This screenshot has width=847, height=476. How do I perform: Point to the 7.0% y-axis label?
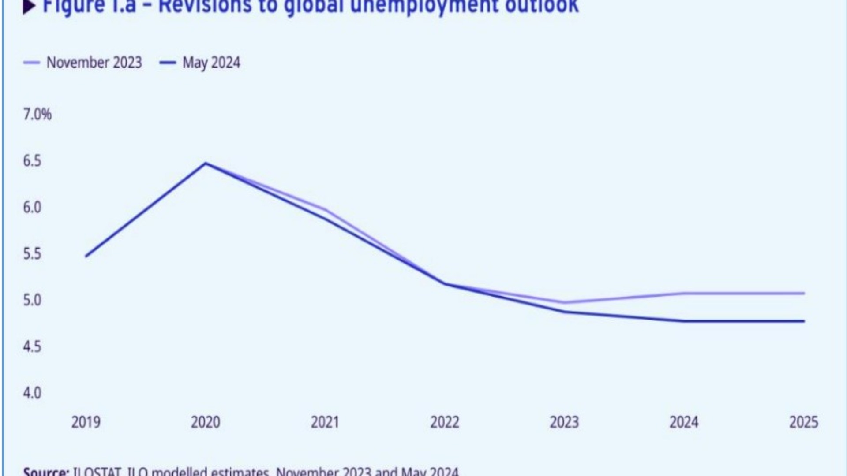pyautogui.click(x=37, y=115)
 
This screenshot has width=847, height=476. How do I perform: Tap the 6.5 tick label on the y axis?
pyautogui.click(x=32, y=161)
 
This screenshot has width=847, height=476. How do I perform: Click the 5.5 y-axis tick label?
pyautogui.click(x=32, y=254)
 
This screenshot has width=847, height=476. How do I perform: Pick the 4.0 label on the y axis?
pyautogui.click(x=32, y=393)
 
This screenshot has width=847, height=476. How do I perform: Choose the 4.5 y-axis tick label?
pyautogui.click(x=32, y=346)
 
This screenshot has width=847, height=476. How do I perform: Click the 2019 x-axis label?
pyautogui.click(x=86, y=422)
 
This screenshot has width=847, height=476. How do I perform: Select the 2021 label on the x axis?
pyautogui.click(x=325, y=422)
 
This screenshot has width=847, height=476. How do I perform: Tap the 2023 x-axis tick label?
pyautogui.click(x=564, y=422)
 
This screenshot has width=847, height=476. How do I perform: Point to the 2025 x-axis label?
pyautogui.click(x=803, y=422)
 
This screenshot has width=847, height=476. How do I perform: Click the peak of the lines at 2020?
pyautogui.click(x=206, y=164)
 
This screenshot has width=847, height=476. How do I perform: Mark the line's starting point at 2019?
pyautogui.click(x=86, y=256)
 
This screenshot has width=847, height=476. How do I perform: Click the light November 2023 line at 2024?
pyautogui.click(x=684, y=293)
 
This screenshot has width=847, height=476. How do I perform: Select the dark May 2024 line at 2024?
pyautogui.click(x=684, y=321)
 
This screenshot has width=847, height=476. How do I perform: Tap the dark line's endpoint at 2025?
pyautogui.click(x=803, y=321)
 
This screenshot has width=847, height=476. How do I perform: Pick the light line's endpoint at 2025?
pyautogui.click(x=803, y=293)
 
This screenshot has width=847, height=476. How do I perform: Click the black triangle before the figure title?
pyautogui.click(x=29, y=7)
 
